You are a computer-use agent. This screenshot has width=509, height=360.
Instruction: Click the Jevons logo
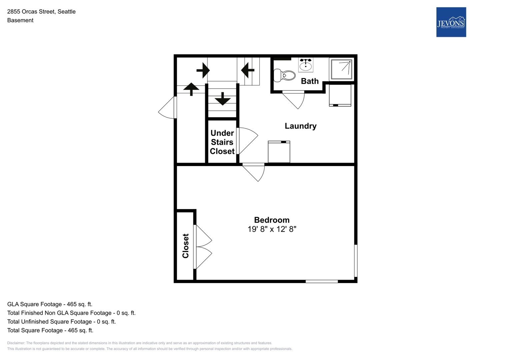[451, 22]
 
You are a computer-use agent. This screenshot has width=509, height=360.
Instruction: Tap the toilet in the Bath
[284, 75]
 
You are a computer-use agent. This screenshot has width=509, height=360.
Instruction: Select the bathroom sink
[306, 65]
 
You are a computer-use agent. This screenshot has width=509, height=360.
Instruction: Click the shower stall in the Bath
[341, 69]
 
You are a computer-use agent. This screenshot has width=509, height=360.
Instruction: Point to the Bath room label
[310, 81]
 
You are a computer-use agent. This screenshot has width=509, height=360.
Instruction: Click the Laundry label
[300, 126]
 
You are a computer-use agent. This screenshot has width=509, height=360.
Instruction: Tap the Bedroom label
[272, 220]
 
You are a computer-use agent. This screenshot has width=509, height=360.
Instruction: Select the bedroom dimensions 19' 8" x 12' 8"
[272, 229]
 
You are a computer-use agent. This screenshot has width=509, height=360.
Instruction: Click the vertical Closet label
[185, 246]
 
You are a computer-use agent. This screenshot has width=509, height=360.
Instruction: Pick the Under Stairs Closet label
[222, 142]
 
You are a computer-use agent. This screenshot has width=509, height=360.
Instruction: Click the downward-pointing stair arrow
[223, 99]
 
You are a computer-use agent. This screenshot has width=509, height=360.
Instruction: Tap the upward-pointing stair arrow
[191, 89]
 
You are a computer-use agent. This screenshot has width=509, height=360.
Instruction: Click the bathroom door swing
[293, 100]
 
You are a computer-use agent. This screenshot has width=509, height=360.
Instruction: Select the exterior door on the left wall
[167, 107]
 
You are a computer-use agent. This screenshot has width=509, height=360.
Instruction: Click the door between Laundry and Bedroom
[254, 172]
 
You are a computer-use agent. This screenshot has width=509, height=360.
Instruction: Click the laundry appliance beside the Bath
[340, 95]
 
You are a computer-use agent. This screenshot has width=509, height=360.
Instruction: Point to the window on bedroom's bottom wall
[322, 281]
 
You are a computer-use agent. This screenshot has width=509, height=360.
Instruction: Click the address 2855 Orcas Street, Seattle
[41, 12]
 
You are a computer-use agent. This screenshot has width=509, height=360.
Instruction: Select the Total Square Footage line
[50, 330]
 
